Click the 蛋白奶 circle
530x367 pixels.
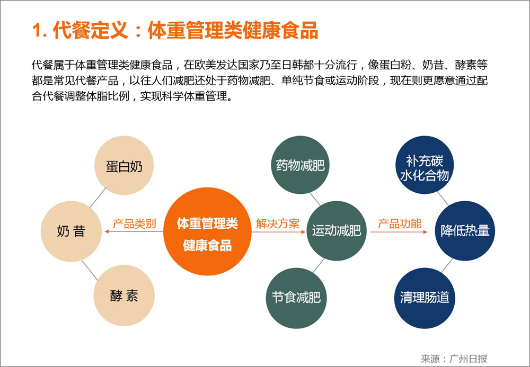[x=124, y=165]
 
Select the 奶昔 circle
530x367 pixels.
[x=71, y=231]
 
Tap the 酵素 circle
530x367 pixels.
[x=124, y=296]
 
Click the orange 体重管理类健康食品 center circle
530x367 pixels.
[x=207, y=231]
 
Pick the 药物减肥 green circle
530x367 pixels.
[x=300, y=165]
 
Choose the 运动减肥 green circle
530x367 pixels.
[x=337, y=231]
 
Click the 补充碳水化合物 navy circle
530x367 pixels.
[x=425, y=165]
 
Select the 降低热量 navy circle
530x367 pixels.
[x=465, y=231]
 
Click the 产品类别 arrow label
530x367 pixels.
[x=134, y=223]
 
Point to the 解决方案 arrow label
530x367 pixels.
[x=278, y=223]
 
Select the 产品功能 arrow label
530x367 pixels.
[x=400, y=223]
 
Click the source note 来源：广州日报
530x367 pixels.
[x=454, y=358]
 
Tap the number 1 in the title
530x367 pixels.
[x=37, y=31]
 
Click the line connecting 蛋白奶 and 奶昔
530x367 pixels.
[x=98, y=198]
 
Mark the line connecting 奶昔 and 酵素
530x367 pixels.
[x=90, y=271]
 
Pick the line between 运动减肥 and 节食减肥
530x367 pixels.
[x=319, y=266]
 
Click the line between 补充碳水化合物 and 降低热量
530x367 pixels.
[x=443, y=199]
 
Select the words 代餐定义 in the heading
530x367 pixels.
[x=91, y=31]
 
